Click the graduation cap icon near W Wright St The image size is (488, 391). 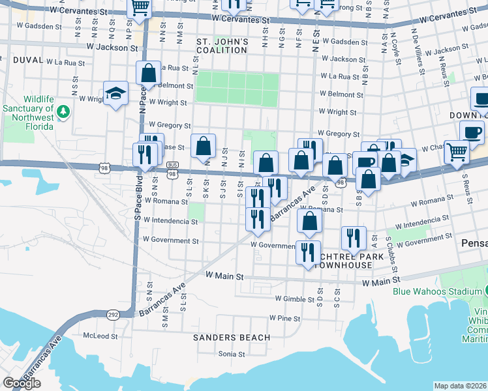115,93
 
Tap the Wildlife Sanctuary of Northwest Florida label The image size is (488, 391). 29,108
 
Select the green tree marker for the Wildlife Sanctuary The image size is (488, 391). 63,113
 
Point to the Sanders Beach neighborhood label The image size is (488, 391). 231,337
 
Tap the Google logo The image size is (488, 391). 21,383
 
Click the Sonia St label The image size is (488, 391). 232,355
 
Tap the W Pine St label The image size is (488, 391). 284,319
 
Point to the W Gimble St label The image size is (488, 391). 295,298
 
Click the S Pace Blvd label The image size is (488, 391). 138,199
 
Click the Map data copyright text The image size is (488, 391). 461,386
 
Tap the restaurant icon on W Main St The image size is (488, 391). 308,252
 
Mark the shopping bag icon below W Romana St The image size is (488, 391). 310,221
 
